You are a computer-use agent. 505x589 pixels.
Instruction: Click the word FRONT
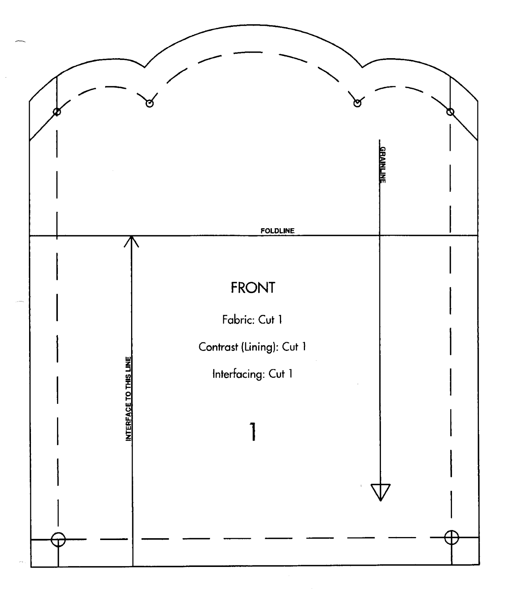click(253, 288)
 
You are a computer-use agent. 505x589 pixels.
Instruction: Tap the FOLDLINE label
click(277, 231)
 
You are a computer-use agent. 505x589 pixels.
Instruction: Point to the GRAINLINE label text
click(383, 165)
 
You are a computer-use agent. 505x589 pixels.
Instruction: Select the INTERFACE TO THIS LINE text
click(128, 399)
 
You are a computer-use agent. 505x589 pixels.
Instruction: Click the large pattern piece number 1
click(253, 431)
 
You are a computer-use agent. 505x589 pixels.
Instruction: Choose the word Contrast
click(218, 347)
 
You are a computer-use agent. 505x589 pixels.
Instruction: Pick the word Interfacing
click(238, 374)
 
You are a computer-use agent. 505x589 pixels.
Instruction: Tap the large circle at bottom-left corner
click(58, 540)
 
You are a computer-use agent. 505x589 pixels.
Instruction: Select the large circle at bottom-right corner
click(452, 538)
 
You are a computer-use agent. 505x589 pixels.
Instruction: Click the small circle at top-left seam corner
click(57, 112)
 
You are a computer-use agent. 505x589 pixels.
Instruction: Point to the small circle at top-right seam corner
click(450, 112)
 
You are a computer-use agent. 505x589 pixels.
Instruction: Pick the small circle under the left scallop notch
click(150, 103)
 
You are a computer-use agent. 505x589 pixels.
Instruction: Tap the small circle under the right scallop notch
click(357, 103)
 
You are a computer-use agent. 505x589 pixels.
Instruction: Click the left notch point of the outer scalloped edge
click(145, 67)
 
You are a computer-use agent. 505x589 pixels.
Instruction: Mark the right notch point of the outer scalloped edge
click(362, 67)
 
